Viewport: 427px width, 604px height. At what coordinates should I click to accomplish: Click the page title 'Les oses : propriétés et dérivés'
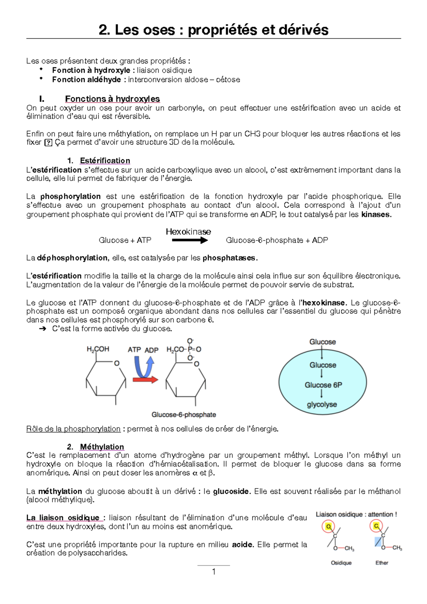[213, 30]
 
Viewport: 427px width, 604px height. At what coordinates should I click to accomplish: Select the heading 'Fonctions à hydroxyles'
[112, 99]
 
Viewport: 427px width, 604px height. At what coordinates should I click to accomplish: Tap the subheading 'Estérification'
[105, 161]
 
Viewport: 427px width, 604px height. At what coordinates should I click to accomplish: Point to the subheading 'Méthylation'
[102, 447]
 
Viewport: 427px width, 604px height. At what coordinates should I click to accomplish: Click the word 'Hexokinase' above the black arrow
[188, 232]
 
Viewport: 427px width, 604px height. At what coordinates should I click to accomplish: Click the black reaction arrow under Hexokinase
[189, 240]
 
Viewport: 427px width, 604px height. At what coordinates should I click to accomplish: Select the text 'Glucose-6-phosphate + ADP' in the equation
[277, 240]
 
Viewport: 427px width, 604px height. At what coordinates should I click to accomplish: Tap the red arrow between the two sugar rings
[145, 380]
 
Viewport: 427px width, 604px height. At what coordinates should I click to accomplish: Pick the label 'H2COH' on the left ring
[98, 349]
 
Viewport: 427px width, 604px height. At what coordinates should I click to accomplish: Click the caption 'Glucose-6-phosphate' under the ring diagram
[184, 415]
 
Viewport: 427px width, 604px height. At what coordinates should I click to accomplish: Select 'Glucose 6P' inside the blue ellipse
[323, 385]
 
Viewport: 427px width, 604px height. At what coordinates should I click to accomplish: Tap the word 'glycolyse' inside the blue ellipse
[322, 405]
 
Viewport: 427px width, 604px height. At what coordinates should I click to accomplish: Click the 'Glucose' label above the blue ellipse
[322, 342]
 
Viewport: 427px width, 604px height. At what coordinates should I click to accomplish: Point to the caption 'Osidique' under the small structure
[341, 563]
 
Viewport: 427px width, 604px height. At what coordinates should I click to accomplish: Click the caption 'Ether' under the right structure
[382, 563]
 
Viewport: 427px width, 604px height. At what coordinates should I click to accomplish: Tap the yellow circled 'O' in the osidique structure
[328, 526]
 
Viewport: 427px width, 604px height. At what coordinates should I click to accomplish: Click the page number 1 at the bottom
[213, 572]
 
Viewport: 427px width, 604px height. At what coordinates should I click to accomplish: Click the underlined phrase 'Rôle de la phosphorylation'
[73, 429]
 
